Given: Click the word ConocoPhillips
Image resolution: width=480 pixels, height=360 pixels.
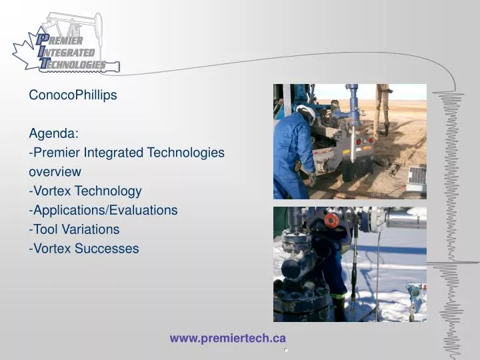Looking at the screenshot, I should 73,95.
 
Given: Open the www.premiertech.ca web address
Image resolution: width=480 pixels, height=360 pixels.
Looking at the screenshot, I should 227,339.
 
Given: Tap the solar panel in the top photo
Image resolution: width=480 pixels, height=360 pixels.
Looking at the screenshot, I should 417,176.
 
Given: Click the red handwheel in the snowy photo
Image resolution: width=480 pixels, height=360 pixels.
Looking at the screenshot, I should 331,220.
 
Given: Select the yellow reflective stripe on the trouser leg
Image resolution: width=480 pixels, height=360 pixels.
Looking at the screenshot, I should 339,297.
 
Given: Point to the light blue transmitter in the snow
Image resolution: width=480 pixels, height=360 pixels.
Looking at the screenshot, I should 415,291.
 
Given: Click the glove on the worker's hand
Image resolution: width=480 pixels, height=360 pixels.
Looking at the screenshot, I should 311,179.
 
